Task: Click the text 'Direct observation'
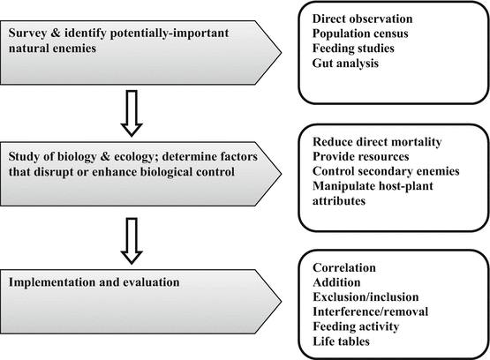click(362, 19)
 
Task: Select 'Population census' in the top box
click(360, 34)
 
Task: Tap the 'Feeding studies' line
click(353, 49)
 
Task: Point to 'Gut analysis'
click(345, 63)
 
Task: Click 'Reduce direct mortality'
click(377, 142)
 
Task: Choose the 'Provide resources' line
click(360, 156)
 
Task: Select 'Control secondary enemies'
click(386, 171)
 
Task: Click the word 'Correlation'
click(344, 267)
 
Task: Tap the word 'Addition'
click(336, 282)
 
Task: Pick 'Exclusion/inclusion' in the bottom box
click(366, 297)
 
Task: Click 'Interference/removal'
click(370, 311)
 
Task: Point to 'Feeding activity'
click(356, 326)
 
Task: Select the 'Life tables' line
click(341, 341)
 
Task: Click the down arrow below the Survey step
click(132, 113)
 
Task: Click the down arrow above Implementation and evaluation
click(132, 241)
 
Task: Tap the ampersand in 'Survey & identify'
click(56, 33)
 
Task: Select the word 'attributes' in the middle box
click(339, 201)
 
